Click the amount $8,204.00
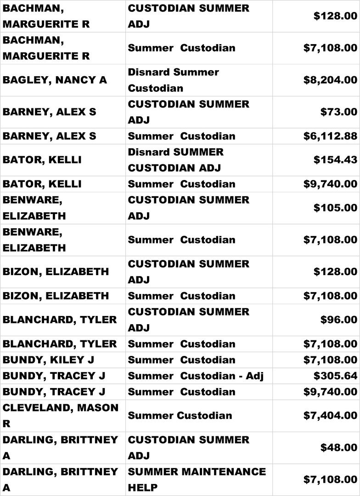(330, 80)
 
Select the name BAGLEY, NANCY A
(55, 80)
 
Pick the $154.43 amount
(335, 160)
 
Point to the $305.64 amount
(335, 376)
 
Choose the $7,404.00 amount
(330, 416)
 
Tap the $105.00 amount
(335, 208)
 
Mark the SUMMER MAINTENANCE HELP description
(197, 479)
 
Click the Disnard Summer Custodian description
(174, 80)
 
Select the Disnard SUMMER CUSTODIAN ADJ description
(176, 160)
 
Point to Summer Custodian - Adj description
(196, 376)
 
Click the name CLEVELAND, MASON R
(60, 416)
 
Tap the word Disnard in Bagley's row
(150, 72)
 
